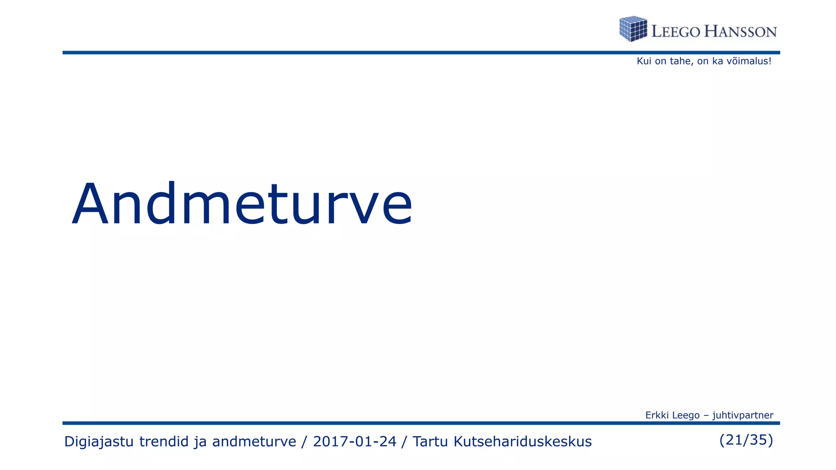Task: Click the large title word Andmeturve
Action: [242, 204]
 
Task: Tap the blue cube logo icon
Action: [633, 29]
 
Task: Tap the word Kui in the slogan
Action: [644, 61]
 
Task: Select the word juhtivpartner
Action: [743, 415]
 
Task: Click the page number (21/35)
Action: [746, 440]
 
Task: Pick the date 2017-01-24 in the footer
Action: [354, 441]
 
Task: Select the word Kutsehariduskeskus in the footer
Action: [522, 441]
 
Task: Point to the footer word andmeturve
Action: [254, 441]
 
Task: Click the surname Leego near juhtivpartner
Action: [686, 415]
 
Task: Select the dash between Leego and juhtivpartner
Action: [706, 415]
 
